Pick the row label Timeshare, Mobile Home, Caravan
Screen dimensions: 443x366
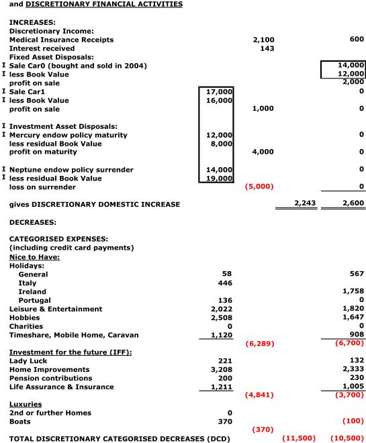74,335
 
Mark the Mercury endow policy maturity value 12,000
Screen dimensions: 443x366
218,135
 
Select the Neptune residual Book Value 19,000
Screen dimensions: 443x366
218,179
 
